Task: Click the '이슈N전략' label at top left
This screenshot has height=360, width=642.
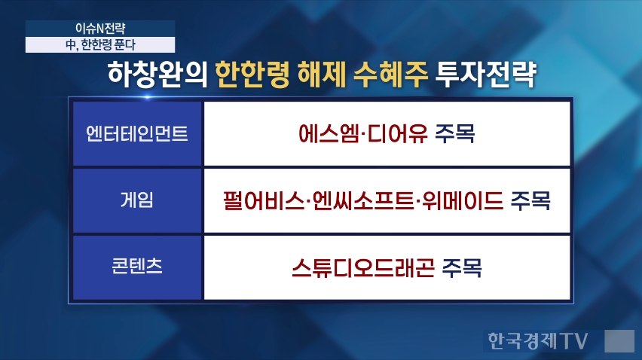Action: [x=100, y=28]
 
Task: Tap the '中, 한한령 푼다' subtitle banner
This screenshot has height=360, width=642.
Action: [x=100, y=44]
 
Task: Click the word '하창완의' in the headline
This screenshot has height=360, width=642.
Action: [x=157, y=75]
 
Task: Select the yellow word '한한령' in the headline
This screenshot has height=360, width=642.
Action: [x=252, y=75]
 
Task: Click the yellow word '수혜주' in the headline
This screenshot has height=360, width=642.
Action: [x=390, y=75]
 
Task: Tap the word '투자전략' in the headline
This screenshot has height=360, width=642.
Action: [x=485, y=75]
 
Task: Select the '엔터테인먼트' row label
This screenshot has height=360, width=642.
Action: [x=136, y=134]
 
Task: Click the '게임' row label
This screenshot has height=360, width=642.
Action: [x=136, y=200]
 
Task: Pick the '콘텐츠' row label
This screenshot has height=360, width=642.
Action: [x=136, y=266]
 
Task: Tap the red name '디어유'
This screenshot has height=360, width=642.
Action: [x=398, y=133]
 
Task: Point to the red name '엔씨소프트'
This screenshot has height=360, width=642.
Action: [x=363, y=200]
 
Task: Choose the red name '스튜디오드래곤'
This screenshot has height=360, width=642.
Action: [x=362, y=267]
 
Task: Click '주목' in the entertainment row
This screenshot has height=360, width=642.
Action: [x=455, y=133]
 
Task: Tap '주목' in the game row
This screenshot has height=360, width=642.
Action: [x=530, y=200]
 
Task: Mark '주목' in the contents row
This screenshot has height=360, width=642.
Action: [x=462, y=267]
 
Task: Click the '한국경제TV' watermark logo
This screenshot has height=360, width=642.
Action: [x=537, y=340]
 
